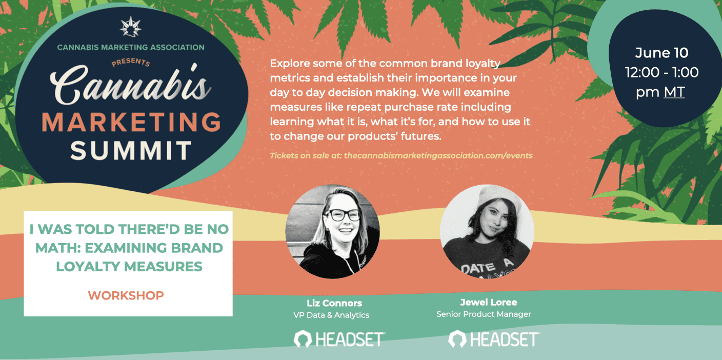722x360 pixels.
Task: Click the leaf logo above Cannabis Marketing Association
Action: click(131, 27)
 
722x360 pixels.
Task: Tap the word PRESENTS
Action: click(131, 62)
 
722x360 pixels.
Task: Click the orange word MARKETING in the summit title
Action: click(131, 122)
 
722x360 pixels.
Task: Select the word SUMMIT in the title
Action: click(131, 150)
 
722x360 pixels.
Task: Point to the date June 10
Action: click(661, 53)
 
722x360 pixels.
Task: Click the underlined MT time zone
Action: click(674, 92)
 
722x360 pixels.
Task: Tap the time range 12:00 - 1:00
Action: click(661, 72)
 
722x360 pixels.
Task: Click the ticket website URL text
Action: click(438, 156)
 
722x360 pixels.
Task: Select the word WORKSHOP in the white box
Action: click(126, 295)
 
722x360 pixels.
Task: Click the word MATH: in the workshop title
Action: click(57, 248)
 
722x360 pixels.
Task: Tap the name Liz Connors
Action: click(334, 303)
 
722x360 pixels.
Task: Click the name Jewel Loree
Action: click(488, 303)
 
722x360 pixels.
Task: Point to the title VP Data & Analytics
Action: click(331, 315)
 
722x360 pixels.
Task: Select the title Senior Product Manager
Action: click(484, 314)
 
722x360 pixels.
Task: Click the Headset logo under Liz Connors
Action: click(339, 339)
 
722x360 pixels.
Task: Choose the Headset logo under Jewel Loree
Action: click(494, 339)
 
